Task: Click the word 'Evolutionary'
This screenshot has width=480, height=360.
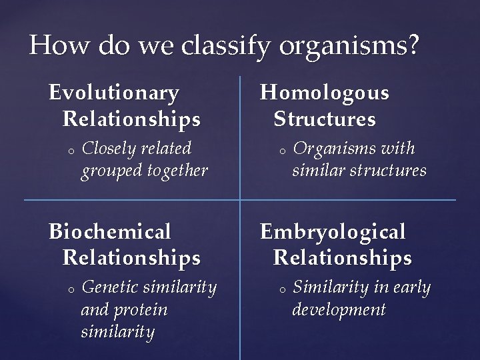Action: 114,93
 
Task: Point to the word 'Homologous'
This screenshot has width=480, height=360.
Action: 325,93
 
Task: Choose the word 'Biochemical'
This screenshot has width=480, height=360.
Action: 110,231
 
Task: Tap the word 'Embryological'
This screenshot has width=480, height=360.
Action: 333,231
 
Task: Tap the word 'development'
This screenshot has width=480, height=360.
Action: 339,310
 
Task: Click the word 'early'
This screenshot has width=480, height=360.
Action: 412,287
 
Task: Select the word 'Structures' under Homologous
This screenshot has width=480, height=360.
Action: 325,120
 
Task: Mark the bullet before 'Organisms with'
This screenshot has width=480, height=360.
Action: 281,150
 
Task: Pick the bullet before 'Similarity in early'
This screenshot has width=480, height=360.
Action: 281,289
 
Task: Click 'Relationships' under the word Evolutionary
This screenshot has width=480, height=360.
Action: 131,120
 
